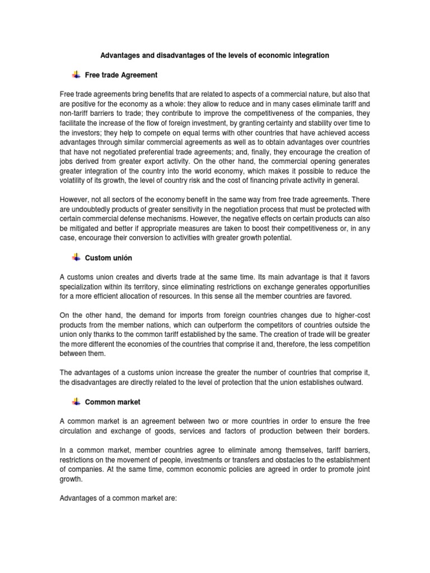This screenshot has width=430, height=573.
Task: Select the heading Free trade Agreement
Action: (x=121, y=75)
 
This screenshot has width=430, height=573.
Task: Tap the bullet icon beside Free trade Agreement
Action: (x=76, y=74)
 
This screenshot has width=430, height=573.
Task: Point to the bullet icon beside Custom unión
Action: (x=76, y=257)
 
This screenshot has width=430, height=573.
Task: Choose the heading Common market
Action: (x=113, y=402)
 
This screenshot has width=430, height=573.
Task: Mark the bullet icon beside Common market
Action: (x=76, y=401)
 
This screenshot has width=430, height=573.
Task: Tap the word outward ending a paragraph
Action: (x=353, y=382)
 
